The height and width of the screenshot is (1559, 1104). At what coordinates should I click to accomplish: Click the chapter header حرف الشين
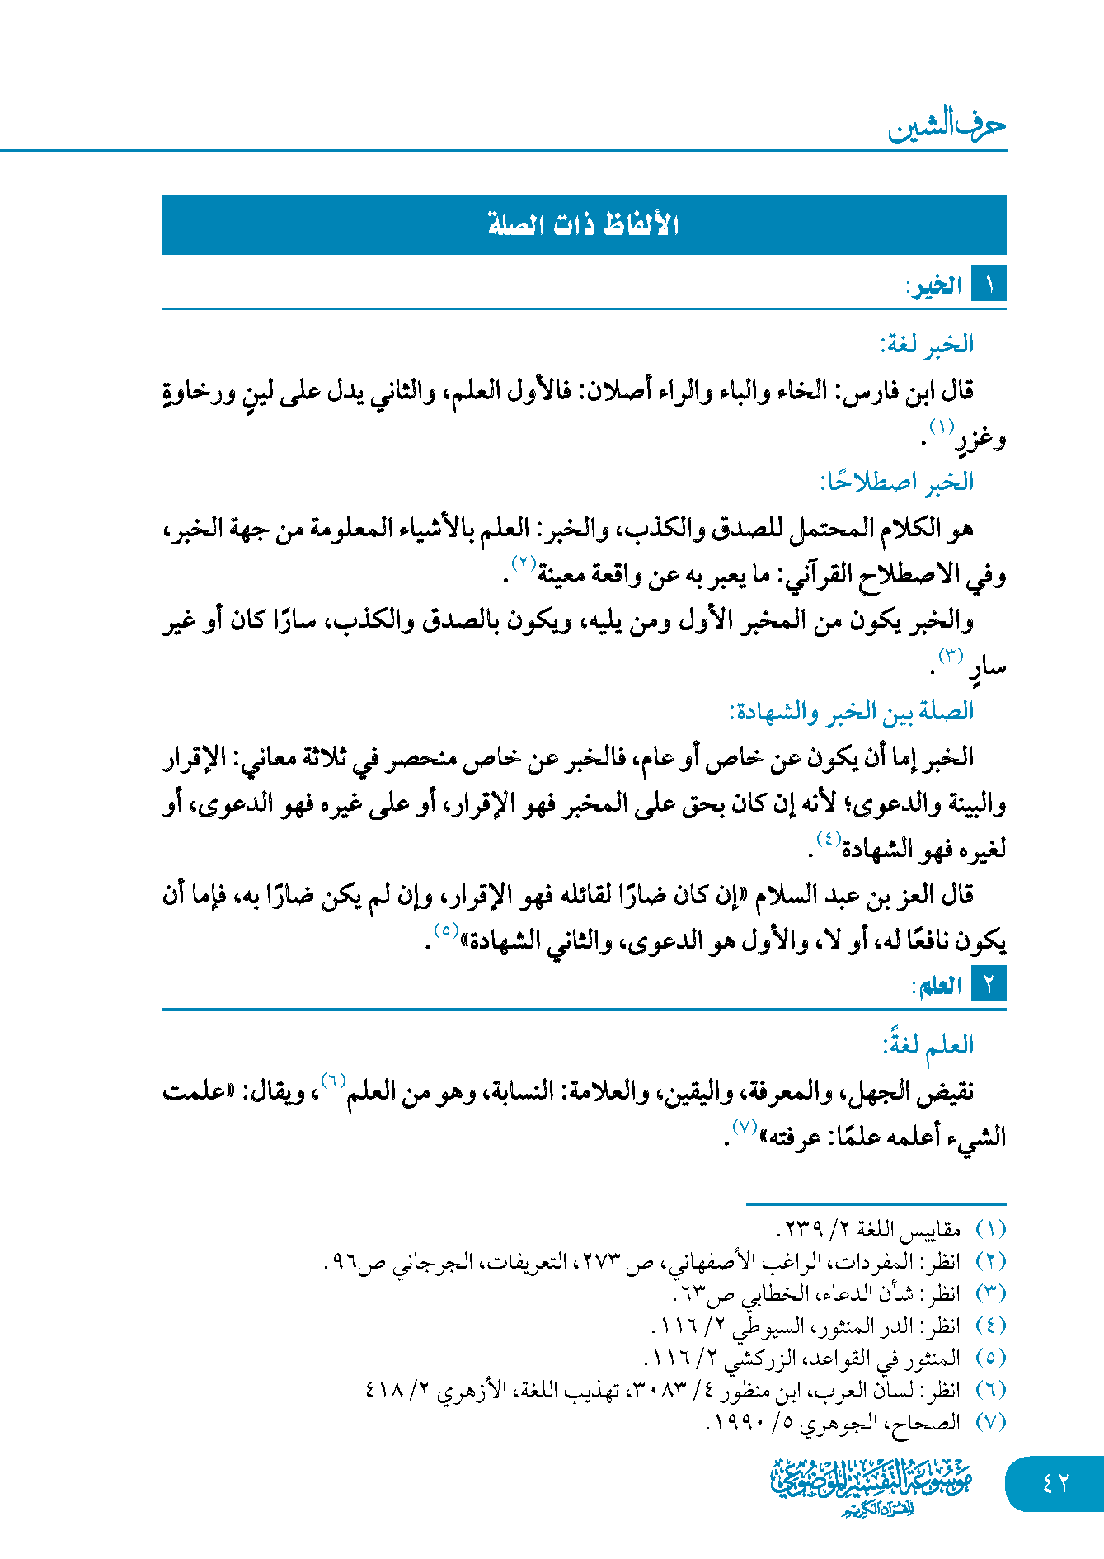tap(947, 125)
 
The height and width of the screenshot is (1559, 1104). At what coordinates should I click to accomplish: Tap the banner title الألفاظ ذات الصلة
tap(583, 224)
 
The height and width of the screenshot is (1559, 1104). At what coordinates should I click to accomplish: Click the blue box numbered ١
tap(989, 285)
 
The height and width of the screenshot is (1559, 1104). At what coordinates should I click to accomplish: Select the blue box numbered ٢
tap(989, 985)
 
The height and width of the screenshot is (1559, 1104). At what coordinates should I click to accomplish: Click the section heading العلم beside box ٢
tap(937, 986)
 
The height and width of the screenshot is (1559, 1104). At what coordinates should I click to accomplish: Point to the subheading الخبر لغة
tap(927, 344)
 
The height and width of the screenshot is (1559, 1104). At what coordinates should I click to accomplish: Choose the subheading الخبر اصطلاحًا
tap(897, 482)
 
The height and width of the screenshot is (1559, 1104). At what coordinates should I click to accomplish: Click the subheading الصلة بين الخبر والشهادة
tap(851, 711)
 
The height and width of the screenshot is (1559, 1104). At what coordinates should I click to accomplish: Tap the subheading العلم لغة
tap(928, 1045)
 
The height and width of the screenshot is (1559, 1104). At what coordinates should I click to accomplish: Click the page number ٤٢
tap(1055, 1483)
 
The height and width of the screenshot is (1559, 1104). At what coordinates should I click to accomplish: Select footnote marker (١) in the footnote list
tap(990, 1230)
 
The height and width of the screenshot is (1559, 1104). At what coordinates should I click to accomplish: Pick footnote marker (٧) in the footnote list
tap(990, 1422)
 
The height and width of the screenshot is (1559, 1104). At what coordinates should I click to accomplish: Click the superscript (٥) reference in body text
tap(446, 930)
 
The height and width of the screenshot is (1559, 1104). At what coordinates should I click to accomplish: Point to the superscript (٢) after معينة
tap(524, 564)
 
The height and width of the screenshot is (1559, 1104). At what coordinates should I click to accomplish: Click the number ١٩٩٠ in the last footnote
tap(737, 1423)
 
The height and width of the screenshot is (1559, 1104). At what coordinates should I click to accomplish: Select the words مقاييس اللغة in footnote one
tap(909, 1230)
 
